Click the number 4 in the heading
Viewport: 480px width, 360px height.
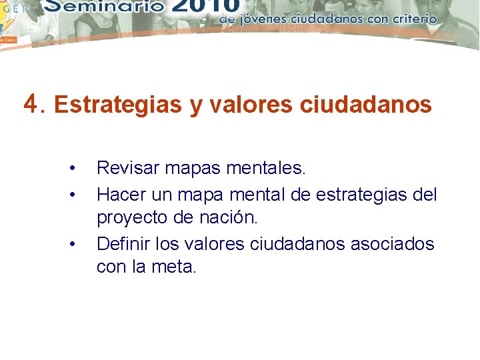[30, 103]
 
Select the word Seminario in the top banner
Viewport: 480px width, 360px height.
[105, 8]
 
